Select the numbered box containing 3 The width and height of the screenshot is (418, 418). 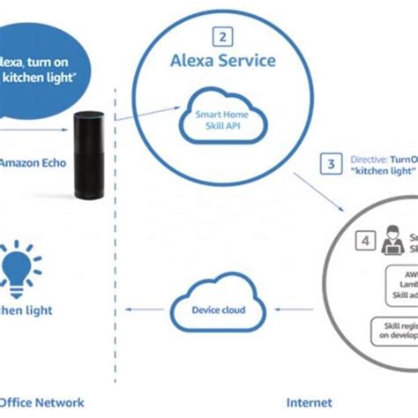[x=331, y=163]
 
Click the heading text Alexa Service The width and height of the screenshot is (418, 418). [x=223, y=61]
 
